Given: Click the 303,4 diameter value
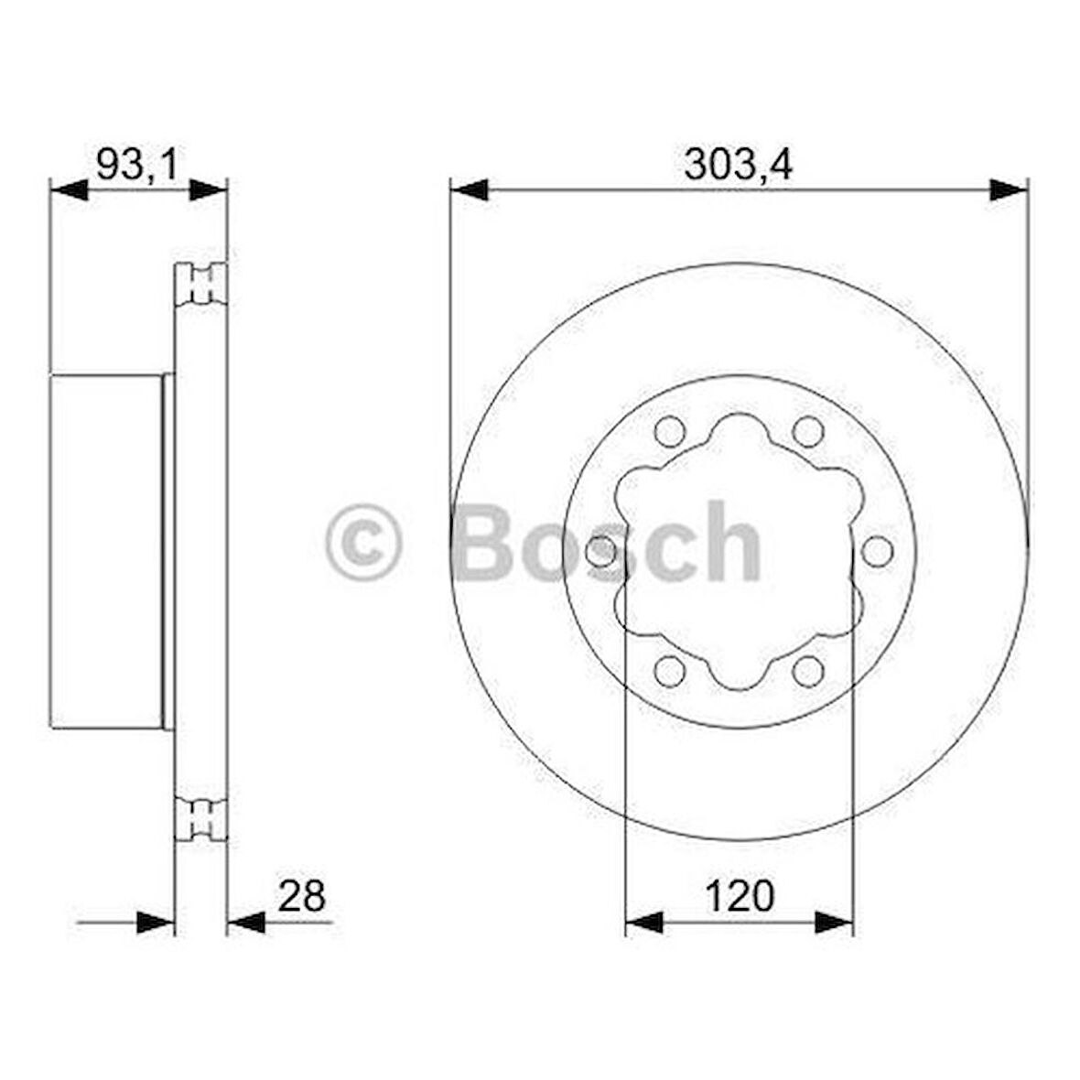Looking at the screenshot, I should click(x=738, y=165).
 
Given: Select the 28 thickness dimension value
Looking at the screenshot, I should click(x=301, y=896).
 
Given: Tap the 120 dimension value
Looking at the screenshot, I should click(x=739, y=896).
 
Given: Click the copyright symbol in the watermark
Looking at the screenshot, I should click(x=363, y=542).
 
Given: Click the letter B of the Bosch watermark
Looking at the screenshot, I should click(x=490, y=542).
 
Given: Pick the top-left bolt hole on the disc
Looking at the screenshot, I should click(x=671, y=429).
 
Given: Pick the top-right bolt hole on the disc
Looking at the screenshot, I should click(x=807, y=429).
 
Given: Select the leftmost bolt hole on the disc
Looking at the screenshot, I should click(x=600, y=551).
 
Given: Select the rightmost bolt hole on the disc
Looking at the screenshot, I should click(x=877, y=551).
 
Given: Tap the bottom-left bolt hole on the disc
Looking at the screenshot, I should click(x=671, y=671).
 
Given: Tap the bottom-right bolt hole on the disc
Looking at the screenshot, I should click(x=807, y=671).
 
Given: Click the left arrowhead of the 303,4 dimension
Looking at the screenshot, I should click(x=468, y=190).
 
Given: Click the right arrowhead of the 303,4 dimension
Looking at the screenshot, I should click(x=1010, y=190).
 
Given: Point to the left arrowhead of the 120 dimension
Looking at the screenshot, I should click(x=643, y=923).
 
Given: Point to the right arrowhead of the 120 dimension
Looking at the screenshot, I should click(x=835, y=923).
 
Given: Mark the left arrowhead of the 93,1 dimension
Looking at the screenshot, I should click(x=68, y=190).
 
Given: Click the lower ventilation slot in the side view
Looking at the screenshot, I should click(x=201, y=819).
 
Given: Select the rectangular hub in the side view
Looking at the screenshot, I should click(x=106, y=552).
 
